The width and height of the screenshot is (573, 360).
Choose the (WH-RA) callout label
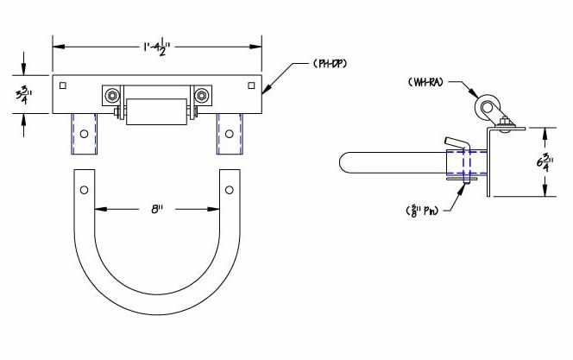pyautogui.click(x=426, y=83)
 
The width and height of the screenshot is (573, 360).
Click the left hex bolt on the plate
pyautogui.click(x=111, y=95)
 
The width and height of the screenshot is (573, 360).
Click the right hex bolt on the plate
pyautogui.click(x=202, y=95)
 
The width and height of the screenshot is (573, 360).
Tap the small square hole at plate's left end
pyautogui.click(x=63, y=85)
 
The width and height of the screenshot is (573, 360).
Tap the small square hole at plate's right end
pyautogui.click(x=251, y=85)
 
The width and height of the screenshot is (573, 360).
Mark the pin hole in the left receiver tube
pyautogui.click(x=85, y=134)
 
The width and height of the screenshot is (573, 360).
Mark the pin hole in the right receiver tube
pyautogui.click(x=229, y=134)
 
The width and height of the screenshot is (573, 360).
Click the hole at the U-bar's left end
pyautogui.click(x=85, y=188)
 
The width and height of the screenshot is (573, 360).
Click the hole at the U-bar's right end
pyautogui.click(x=229, y=188)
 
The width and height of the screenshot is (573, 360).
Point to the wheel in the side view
pyautogui.click(x=487, y=110)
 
